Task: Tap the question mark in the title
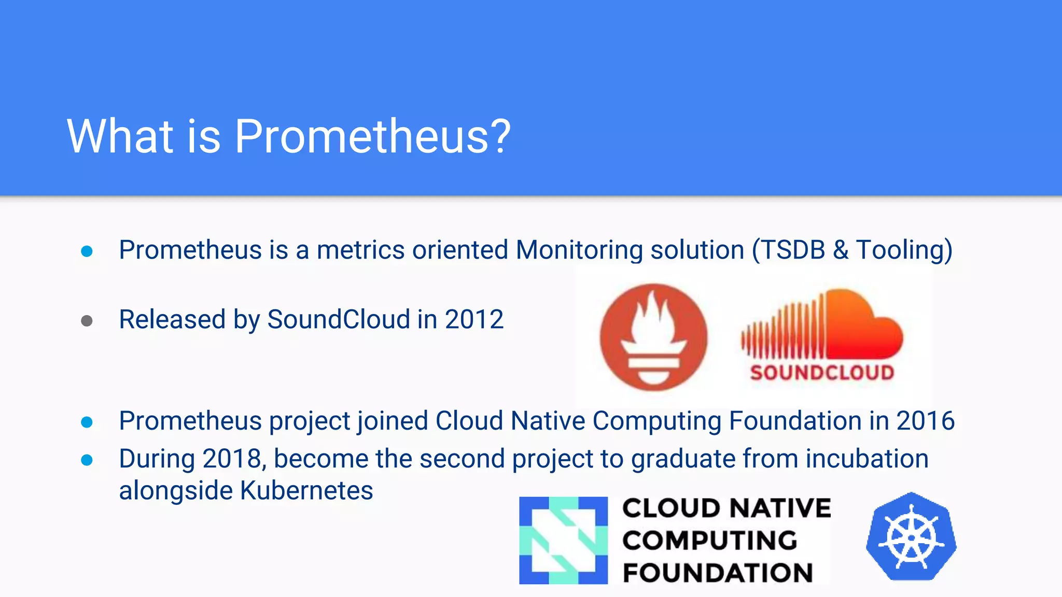click(x=499, y=136)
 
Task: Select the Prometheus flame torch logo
click(x=653, y=337)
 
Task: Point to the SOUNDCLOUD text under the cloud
click(x=822, y=373)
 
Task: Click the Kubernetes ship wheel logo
click(x=911, y=537)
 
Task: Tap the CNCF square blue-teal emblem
click(x=563, y=540)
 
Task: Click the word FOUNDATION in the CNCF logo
click(x=718, y=573)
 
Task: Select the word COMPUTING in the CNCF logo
click(x=709, y=541)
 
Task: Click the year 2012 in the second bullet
click(x=474, y=319)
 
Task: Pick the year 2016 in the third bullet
click(x=925, y=421)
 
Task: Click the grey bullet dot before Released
click(x=87, y=321)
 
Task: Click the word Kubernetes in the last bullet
click(x=306, y=491)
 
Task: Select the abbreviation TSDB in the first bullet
click(x=793, y=250)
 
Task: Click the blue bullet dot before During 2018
click(x=87, y=460)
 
